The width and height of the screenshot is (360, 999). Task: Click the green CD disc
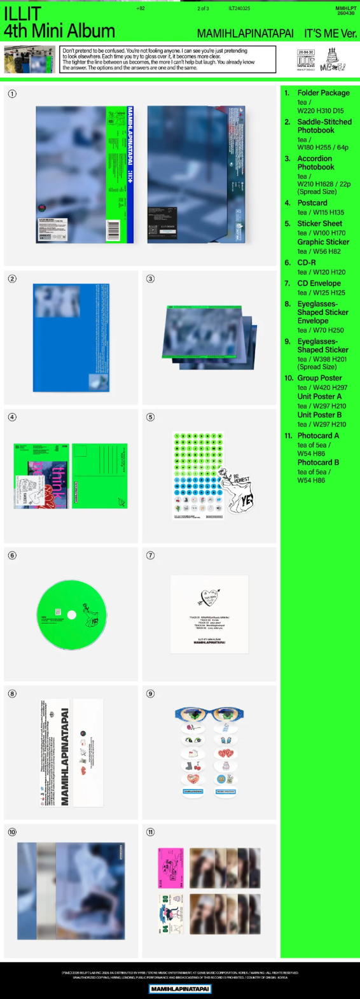point(72,615)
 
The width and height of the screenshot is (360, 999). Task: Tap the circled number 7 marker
point(151,555)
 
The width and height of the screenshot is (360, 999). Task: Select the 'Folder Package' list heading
point(323,93)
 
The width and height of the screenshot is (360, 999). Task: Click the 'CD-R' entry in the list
point(307,262)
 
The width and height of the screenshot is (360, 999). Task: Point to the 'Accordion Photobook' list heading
point(315,163)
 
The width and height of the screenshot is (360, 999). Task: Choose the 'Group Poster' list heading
point(319,378)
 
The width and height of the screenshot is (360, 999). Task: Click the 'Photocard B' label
point(318,463)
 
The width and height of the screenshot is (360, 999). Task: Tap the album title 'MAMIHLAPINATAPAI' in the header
point(245,33)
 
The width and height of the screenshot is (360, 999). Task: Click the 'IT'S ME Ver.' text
point(330,33)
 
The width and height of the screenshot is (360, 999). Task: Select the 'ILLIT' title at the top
point(22,13)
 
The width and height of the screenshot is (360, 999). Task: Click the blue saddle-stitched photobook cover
point(71,338)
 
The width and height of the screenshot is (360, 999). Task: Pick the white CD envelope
point(209,614)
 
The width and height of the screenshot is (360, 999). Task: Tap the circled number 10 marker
point(12,832)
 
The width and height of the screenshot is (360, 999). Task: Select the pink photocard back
point(170,868)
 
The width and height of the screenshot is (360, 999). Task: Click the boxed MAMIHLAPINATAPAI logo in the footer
point(180,989)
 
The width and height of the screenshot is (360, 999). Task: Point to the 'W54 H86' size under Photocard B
point(311,480)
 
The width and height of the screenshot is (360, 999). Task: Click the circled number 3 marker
point(151,279)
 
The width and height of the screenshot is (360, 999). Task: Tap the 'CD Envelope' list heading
point(319,283)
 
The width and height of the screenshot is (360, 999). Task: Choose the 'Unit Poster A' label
point(319,396)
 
